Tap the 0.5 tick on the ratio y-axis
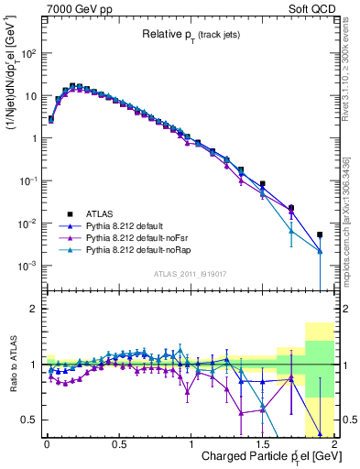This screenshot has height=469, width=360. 32,420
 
